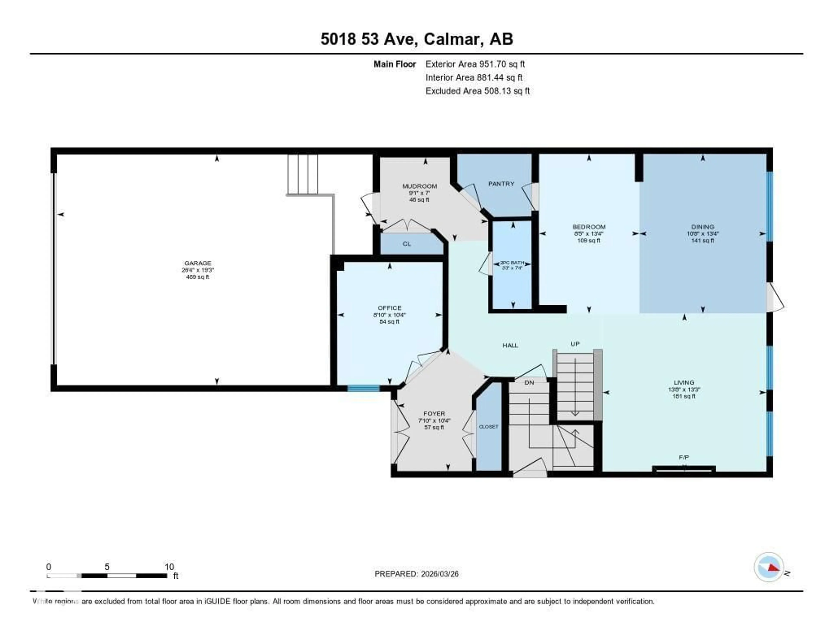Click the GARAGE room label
point(198,263)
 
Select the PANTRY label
point(501,184)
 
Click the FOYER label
point(434,414)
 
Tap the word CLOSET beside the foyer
point(489,426)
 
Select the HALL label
point(510,345)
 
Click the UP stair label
point(575,344)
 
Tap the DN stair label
point(529,382)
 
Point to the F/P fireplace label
point(684,457)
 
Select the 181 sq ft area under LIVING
point(684,396)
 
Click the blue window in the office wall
point(363,388)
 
